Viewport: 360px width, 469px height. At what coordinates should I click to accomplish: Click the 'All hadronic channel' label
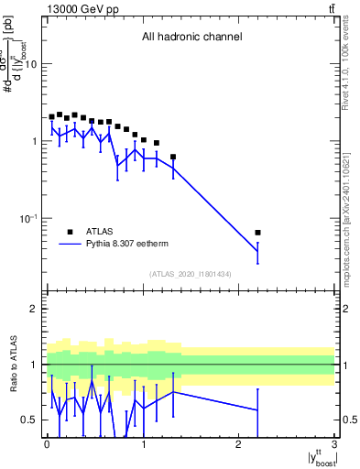191,38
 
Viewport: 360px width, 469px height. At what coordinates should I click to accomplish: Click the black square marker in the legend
71,232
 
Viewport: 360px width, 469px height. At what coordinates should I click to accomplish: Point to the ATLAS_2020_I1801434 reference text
190,275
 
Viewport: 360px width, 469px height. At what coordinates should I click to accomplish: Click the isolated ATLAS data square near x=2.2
257,233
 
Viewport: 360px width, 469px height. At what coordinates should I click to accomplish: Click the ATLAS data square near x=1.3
172,157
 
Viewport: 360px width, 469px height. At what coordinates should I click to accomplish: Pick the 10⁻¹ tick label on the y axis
30,219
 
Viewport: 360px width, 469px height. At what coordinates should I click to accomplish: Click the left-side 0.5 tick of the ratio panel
32,420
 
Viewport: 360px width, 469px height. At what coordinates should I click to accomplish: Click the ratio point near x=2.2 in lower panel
257,410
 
